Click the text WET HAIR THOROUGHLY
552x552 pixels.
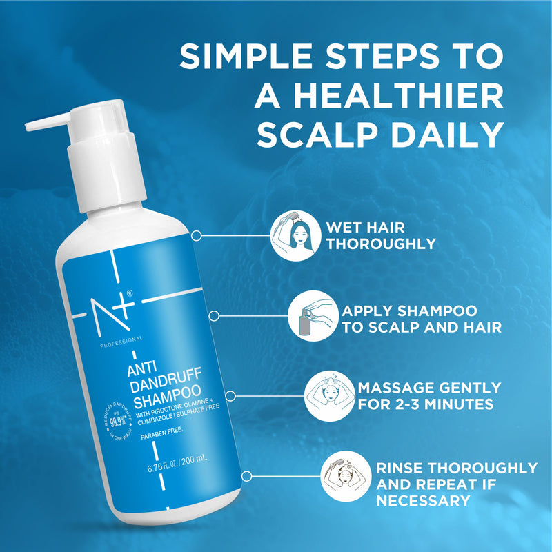point(381,235)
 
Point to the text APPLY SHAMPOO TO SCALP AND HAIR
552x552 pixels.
point(422,319)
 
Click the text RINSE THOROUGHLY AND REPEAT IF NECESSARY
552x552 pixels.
point(456,484)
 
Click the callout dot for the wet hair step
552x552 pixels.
point(196,236)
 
